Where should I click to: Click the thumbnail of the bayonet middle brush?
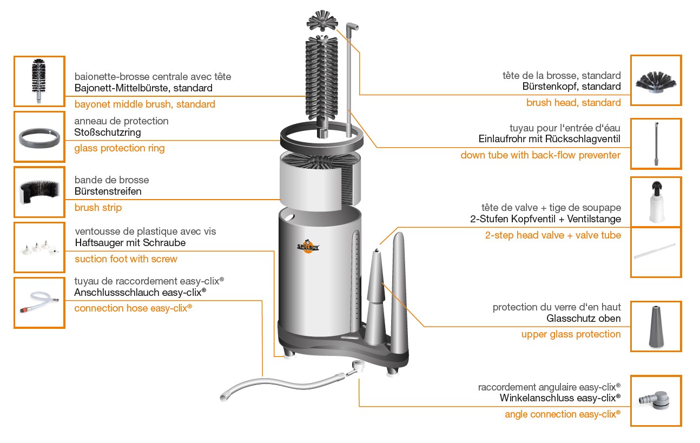click(x=39, y=81)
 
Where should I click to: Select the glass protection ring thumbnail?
click(x=39, y=136)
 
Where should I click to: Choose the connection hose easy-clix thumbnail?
click(x=39, y=302)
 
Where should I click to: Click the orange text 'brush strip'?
click(x=98, y=208)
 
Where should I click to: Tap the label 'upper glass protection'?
click(x=571, y=334)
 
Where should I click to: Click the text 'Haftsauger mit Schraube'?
click(x=130, y=243)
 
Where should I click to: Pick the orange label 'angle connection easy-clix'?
click(x=563, y=414)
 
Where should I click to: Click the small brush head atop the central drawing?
click(x=323, y=23)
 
